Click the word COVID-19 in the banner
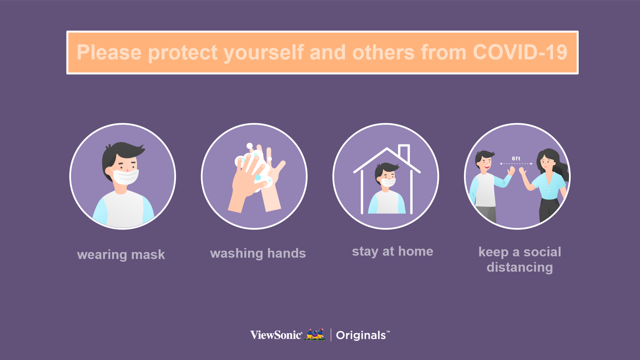pyautogui.click(x=520, y=52)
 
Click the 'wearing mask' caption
pyautogui.click(x=121, y=255)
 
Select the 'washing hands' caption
pyautogui.click(x=258, y=253)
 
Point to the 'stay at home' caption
pyautogui.click(x=393, y=251)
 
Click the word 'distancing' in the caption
pyautogui.click(x=520, y=267)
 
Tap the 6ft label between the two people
pyautogui.click(x=516, y=159)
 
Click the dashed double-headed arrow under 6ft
pyautogui.click(x=516, y=164)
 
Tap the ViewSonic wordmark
pyautogui.click(x=276, y=335)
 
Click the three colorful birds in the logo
pyautogui.click(x=315, y=334)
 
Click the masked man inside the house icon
pyautogui.click(x=387, y=188)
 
